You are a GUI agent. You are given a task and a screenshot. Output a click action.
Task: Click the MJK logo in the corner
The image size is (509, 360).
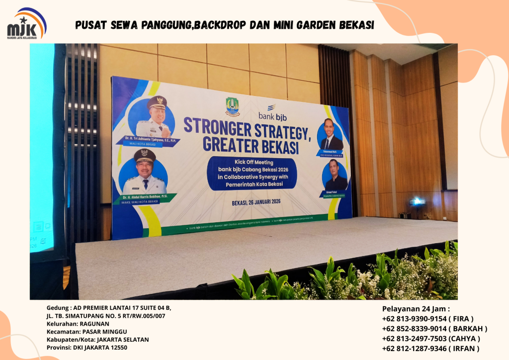click(26, 24)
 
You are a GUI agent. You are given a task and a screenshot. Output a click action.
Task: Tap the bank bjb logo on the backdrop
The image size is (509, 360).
click(271, 113)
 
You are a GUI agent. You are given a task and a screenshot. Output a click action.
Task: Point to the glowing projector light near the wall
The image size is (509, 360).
click(417, 201)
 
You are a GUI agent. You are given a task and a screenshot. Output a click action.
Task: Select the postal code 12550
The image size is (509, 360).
click(117, 347)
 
